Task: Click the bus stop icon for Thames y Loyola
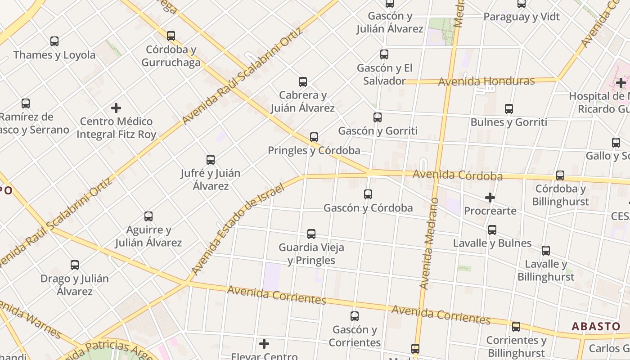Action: click(54, 41)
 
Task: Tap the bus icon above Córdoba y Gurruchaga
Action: click(171, 36)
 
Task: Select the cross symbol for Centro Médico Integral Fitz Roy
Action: click(116, 108)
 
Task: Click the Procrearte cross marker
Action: click(490, 197)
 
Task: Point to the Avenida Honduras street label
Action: click(486, 81)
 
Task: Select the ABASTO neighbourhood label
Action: click(596, 326)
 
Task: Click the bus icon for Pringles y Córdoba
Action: click(314, 137)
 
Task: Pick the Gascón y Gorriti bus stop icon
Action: click(378, 117)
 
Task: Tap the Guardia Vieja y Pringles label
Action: click(311, 254)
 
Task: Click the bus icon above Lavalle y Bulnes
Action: click(492, 230)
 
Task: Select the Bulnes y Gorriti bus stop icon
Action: click(509, 109)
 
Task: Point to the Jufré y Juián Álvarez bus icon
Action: click(211, 160)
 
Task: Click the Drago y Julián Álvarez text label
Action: click(75, 285)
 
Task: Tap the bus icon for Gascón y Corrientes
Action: click(355, 316)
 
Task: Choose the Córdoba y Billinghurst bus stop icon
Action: click(560, 175)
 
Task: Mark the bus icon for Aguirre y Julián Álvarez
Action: click(148, 216)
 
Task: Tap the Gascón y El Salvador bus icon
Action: click(384, 54)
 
